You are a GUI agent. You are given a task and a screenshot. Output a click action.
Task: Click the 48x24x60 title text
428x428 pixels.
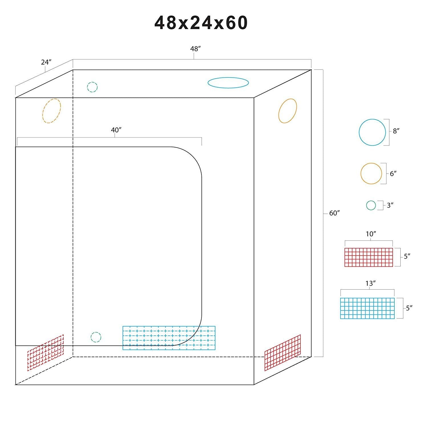pyautogui.click(x=201, y=23)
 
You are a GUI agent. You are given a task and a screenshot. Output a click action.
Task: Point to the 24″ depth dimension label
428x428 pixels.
pyautogui.click(x=46, y=62)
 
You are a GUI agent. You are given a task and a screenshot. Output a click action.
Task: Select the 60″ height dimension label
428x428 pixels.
pyautogui.click(x=334, y=213)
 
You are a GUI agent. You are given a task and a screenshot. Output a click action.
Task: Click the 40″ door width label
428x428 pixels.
pyautogui.click(x=116, y=130)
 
